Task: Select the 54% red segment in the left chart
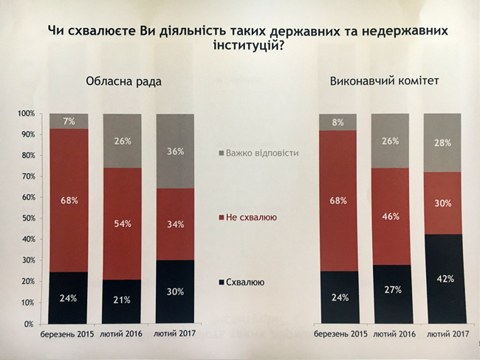coord(121,224)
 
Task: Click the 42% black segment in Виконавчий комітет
coord(442,279)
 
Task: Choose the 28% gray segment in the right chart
coord(442,143)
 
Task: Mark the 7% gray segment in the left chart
coord(69,121)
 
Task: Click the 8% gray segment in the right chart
coord(338,122)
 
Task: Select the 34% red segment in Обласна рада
coord(175,224)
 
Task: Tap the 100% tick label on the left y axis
coord(26,114)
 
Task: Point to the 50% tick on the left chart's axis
coord(27,219)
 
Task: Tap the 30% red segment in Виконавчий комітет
coord(442,203)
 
